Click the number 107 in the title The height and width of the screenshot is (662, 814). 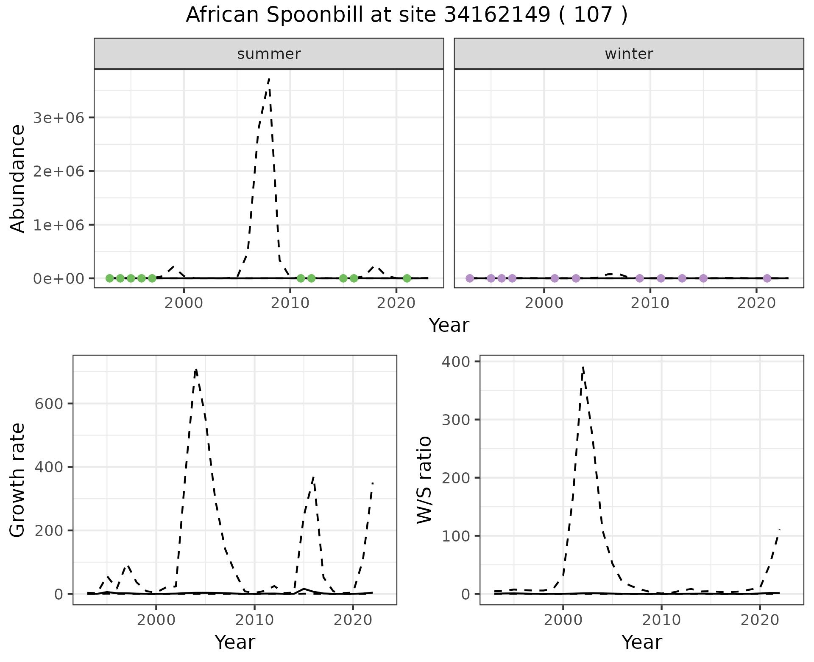[593, 15]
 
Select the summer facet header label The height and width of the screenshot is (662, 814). [269, 54]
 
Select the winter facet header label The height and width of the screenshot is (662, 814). [629, 54]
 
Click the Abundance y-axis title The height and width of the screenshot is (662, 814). [18, 178]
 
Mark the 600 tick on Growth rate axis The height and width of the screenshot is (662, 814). [49, 404]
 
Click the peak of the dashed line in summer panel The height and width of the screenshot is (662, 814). [269, 79]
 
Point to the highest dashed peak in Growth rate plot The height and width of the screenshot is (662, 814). [196, 369]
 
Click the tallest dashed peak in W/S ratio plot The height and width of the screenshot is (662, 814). [583, 366]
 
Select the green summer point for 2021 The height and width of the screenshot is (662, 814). [407, 278]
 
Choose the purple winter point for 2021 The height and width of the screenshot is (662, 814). [767, 278]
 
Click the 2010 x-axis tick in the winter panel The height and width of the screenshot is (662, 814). [650, 303]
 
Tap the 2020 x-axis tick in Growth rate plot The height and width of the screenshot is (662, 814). [353, 620]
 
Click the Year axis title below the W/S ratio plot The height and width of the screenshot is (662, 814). [641, 642]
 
